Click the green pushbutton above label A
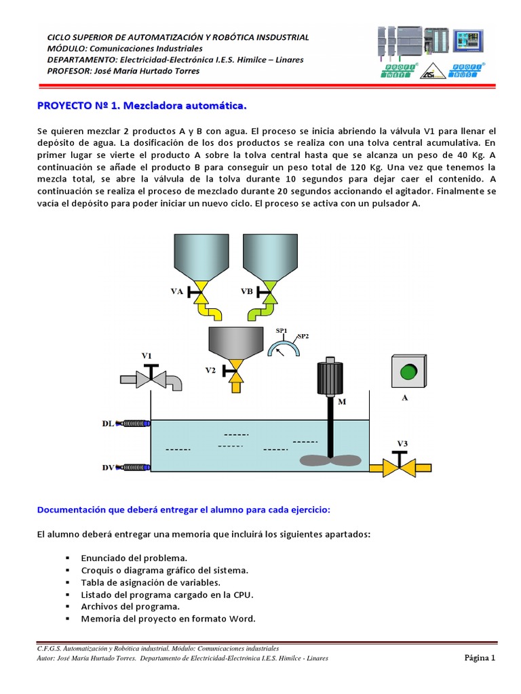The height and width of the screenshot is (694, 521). pyautogui.click(x=408, y=372)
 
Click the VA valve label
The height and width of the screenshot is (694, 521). pyautogui.click(x=176, y=291)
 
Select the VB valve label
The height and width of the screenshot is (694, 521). pyautogui.click(x=247, y=291)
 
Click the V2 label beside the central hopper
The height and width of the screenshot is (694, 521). pyautogui.click(x=211, y=370)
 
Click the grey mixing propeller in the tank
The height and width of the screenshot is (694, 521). pyautogui.click(x=330, y=460)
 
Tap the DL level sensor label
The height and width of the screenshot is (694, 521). pyautogui.click(x=108, y=424)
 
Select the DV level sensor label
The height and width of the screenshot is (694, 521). pyautogui.click(x=108, y=467)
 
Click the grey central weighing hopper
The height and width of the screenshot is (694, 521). pyautogui.click(x=235, y=342)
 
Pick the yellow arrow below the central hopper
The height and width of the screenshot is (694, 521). pyautogui.click(x=235, y=383)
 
